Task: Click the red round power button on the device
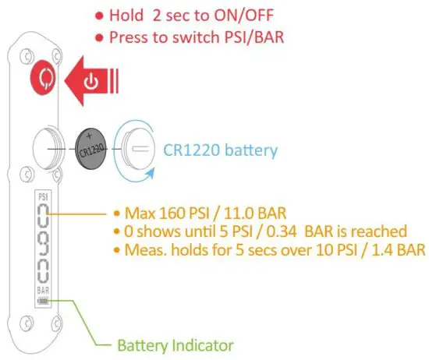pos(44,79)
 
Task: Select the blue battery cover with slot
pos(139,147)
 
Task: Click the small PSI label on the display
pos(44,198)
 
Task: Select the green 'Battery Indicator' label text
pos(174,344)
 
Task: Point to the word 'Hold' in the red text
pos(126,16)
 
